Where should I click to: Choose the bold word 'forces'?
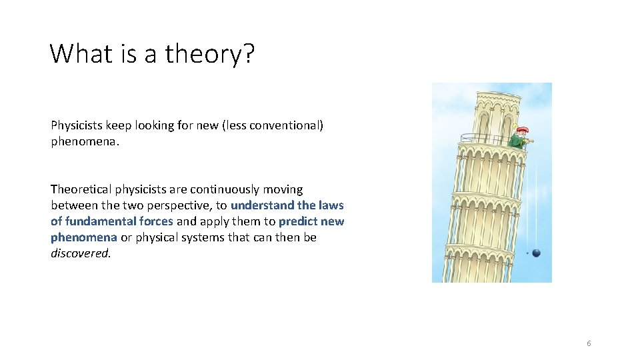click(154, 221)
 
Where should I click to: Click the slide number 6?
click(589, 343)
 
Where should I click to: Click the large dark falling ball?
click(536, 253)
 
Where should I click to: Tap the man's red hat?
click(523, 129)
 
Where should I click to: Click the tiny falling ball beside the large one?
click(527, 253)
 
